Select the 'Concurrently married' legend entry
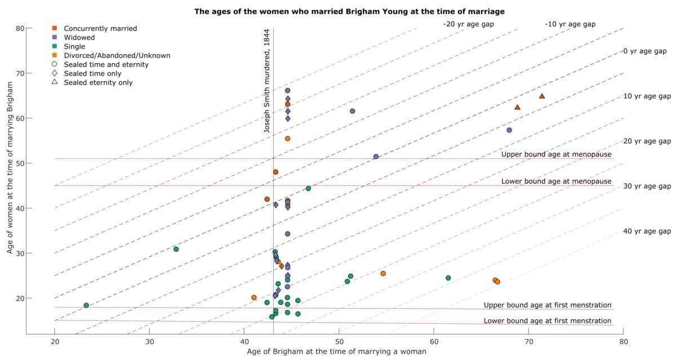click(100, 28)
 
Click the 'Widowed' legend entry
click(79, 37)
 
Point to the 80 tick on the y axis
click(20, 28)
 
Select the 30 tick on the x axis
click(149, 341)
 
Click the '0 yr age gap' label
click(644, 51)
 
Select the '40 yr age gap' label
click(647, 232)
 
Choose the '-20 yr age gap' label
click(468, 24)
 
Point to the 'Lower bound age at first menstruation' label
click(547, 321)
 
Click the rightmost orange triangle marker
click(542, 96)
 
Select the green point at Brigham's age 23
click(86, 305)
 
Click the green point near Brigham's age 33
click(176, 249)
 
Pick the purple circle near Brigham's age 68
click(509, 130)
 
